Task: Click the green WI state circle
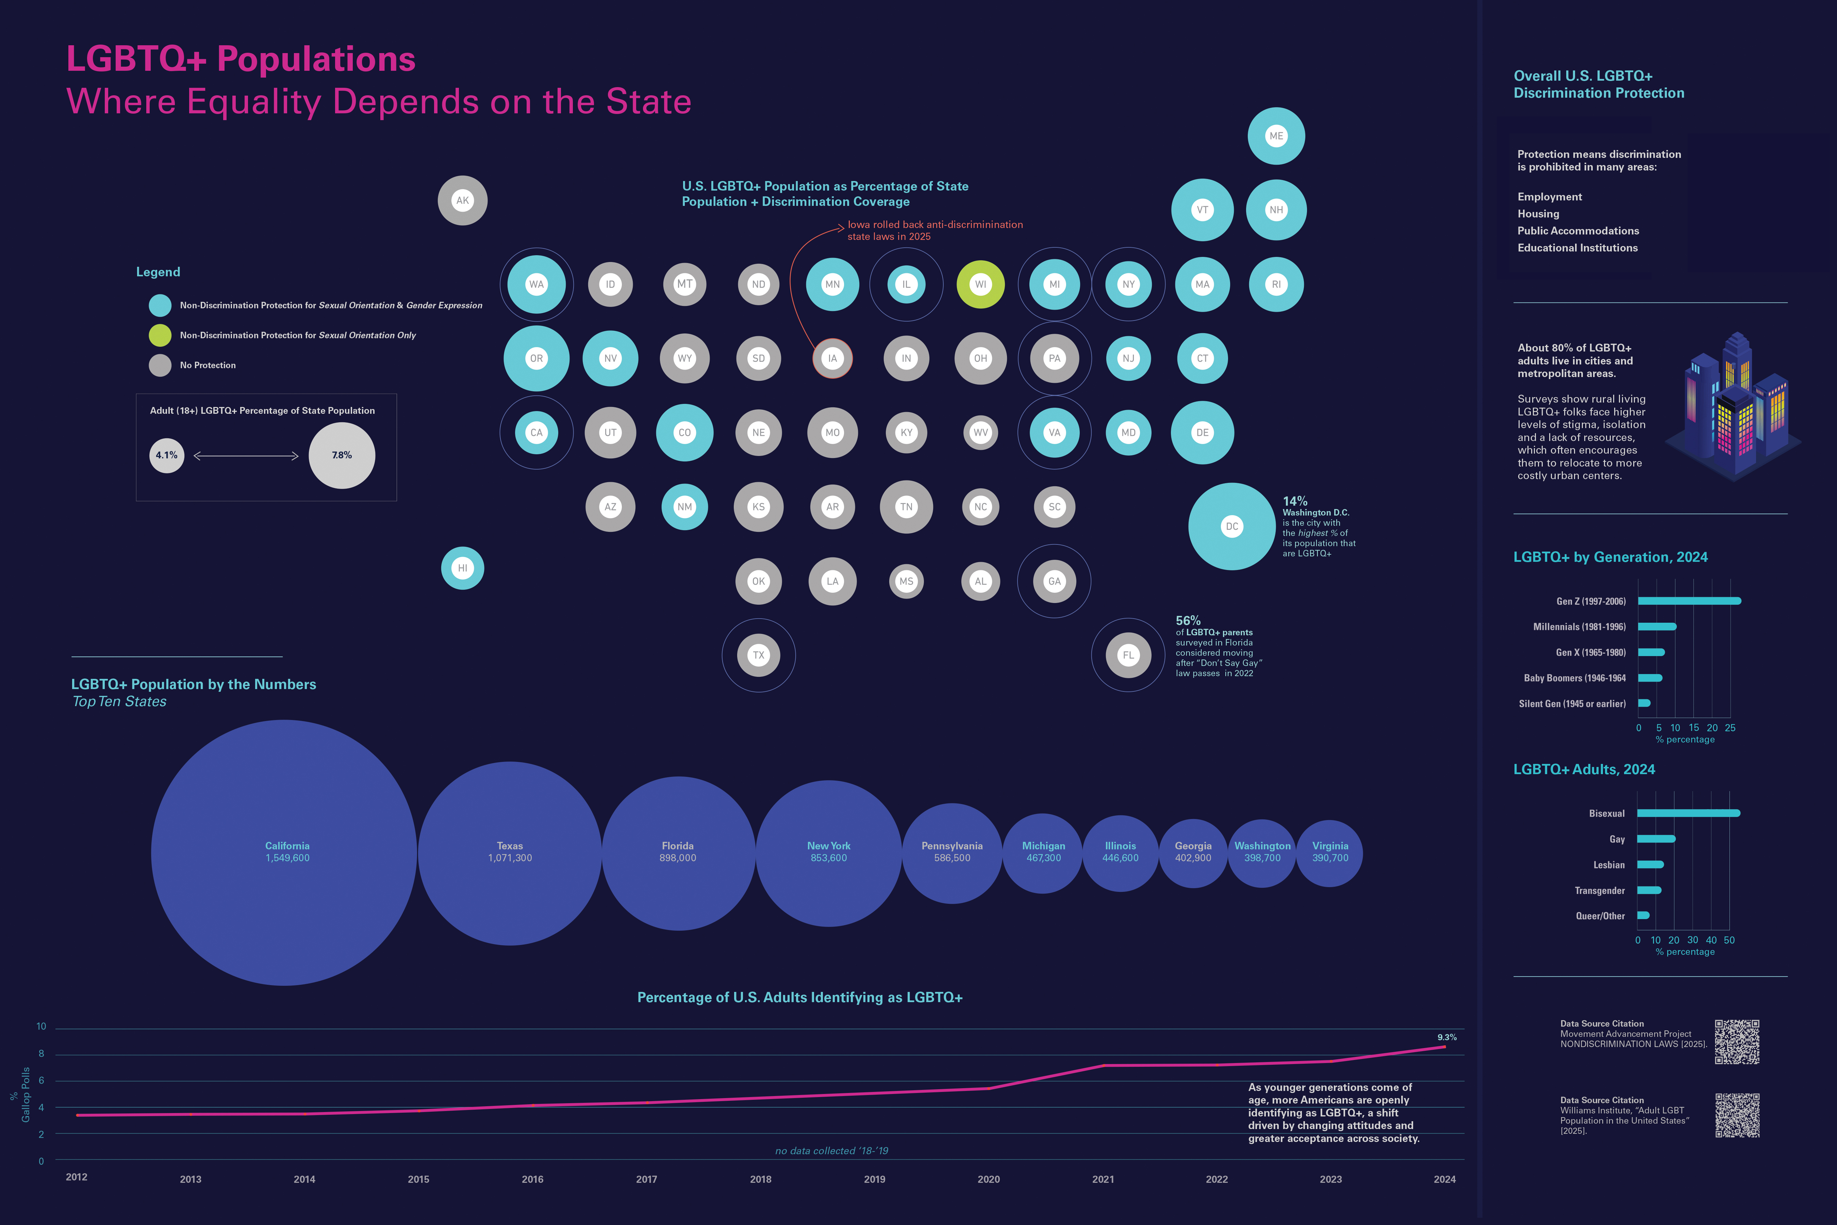(980, 284)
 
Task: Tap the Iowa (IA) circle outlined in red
(832, 359)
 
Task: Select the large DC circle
(1232, 526)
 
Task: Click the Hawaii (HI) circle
(462, 568)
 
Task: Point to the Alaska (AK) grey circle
(462, 201)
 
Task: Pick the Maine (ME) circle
(1276, 136)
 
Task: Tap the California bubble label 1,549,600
(287, 858)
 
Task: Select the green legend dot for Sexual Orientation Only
(160, 335)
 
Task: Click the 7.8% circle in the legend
(342, 456)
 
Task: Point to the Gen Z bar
(1689, 601)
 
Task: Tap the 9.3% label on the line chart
(1446, 1038)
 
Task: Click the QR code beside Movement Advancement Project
(1737, 1041)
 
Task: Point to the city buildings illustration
(1734, 406)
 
